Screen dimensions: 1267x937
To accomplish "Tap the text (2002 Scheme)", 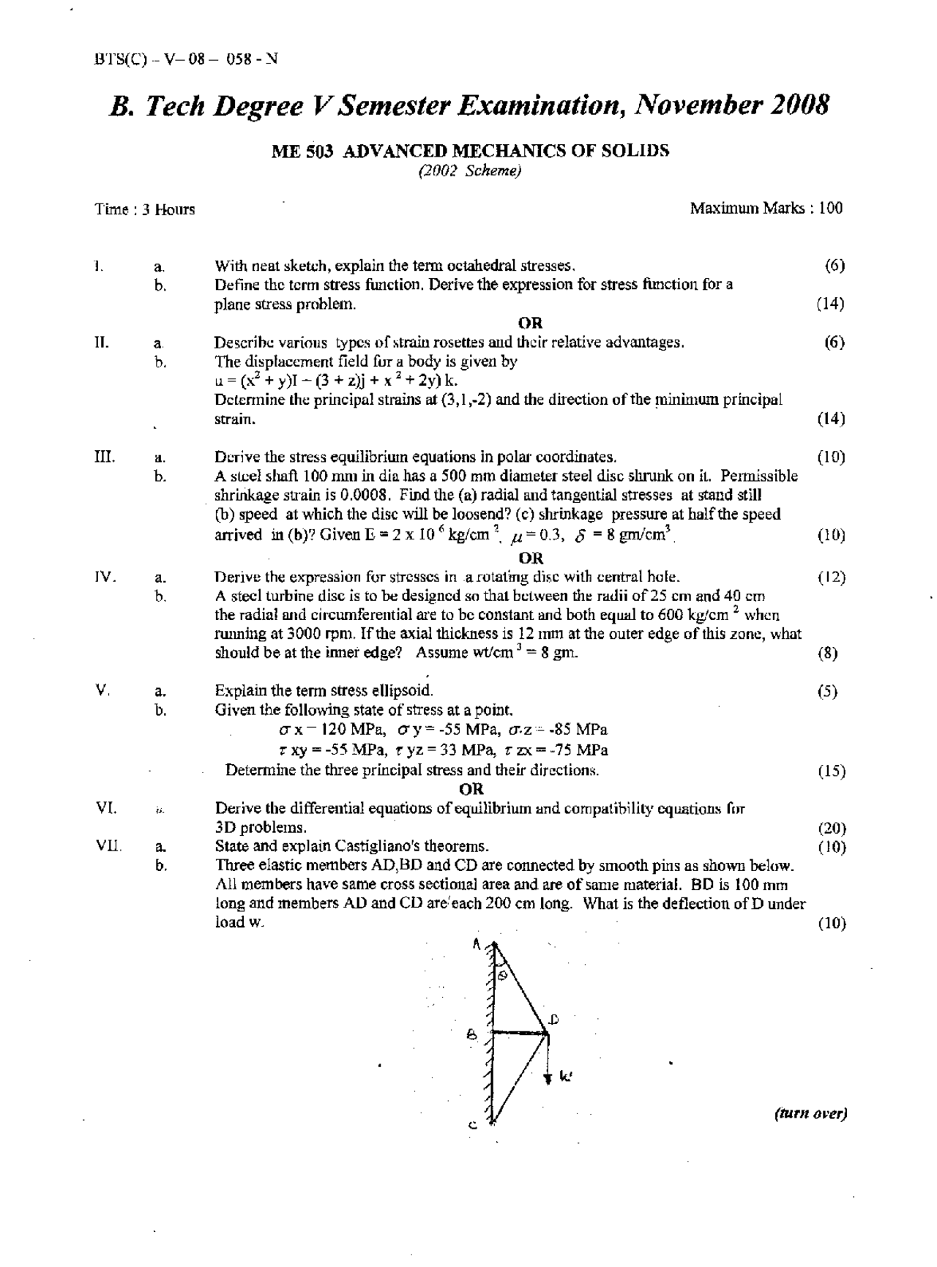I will pos(469,171).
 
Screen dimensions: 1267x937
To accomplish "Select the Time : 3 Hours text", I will pos(145,209).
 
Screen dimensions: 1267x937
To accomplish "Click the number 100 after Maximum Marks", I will pos(831,208).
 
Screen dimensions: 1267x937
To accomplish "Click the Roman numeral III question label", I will pos(104,457).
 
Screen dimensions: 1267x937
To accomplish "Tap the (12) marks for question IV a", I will pos(832,577).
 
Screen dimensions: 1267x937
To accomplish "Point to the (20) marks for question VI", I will pos(832,828).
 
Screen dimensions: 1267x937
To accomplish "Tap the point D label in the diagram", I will pos(554,1018).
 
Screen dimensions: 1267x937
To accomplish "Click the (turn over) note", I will pos(810,1113).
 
